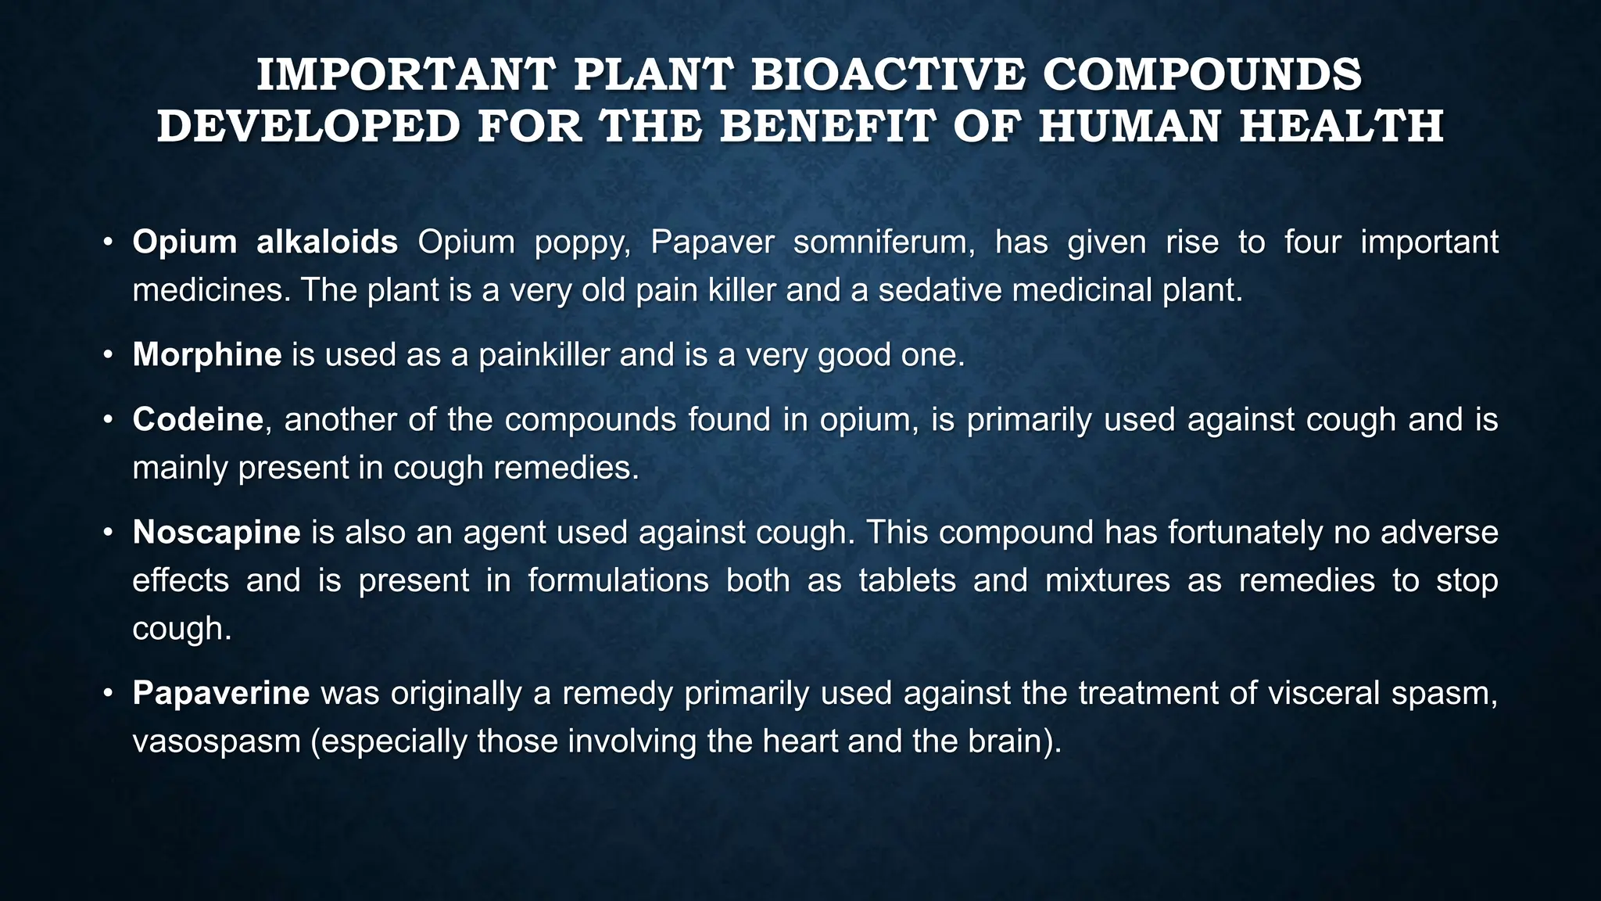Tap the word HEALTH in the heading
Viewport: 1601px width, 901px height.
pos(1341,127)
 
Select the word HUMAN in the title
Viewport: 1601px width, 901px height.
pos(1128,127)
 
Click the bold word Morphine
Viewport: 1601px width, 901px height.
pos(207,355)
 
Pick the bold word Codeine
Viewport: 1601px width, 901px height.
pos(198,420)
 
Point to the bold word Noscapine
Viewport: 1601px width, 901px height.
pos(217,533)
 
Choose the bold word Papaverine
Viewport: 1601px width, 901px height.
pos(221,694)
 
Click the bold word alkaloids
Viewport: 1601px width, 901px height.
pos(328,242)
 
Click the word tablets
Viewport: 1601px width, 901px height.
pos(907,581)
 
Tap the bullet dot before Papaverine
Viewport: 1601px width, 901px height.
pos(109,694)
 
